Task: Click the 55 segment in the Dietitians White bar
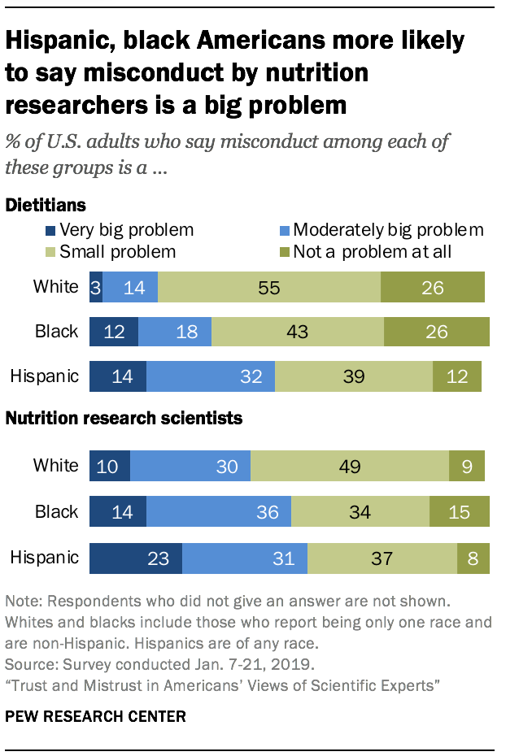(x=269, y=287)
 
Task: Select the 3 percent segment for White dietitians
(x=96, y=287)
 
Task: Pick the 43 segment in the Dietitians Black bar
(x=298, y=332)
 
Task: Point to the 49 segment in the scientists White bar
(x=350, y=466)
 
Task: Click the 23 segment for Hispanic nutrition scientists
(x=136, y=558)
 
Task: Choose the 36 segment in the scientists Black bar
(x=219, y=512)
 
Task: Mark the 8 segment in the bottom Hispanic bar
(x=473, y=558)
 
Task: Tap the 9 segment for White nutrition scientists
(x=467, y=466)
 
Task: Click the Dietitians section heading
(x=46, y=205)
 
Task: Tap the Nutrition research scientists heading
(x=124, y=419)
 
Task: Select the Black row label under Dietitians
(x=57, y=332)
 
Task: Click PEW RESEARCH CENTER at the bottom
(x=95, y=715)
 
